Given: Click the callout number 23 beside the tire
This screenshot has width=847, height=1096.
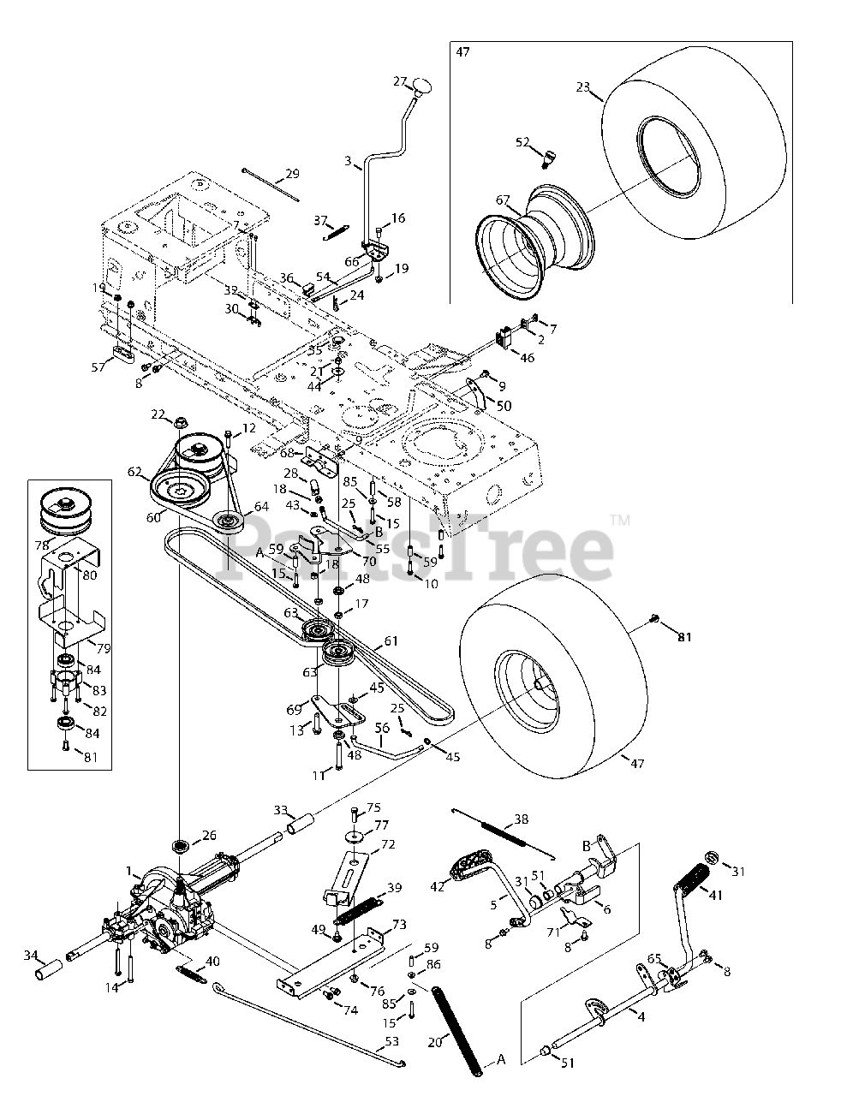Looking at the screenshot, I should (x=584, y=86).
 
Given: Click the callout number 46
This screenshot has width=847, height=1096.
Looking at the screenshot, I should (x=527, y=357).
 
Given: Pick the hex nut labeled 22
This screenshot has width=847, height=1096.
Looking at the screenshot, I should (x=182, y=421).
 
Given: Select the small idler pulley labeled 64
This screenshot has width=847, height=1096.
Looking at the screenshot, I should (x=230, y=521).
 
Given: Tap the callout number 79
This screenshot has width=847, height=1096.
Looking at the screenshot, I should (x=104, y=648).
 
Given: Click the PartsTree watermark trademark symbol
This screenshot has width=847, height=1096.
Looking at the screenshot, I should (x=620, y=520).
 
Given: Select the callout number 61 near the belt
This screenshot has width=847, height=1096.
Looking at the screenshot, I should (x=391, y=640).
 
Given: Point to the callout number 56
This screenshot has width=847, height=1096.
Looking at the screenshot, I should (x=383, y=728).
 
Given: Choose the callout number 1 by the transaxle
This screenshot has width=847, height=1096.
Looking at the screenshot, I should (x=129, y=871).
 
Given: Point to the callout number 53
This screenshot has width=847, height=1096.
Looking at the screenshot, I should (x=392, y=1041).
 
